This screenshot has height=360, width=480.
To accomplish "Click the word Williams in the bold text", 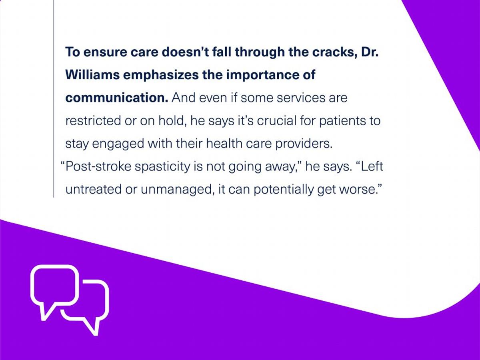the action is [x=92, y=75].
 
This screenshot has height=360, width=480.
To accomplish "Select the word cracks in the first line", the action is [x=334, y=52].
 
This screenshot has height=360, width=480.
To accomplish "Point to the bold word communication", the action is [x=117, y=98].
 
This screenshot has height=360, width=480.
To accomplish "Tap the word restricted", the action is [x=93, y=121].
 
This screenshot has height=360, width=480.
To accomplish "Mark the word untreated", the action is [x=93, y=189].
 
